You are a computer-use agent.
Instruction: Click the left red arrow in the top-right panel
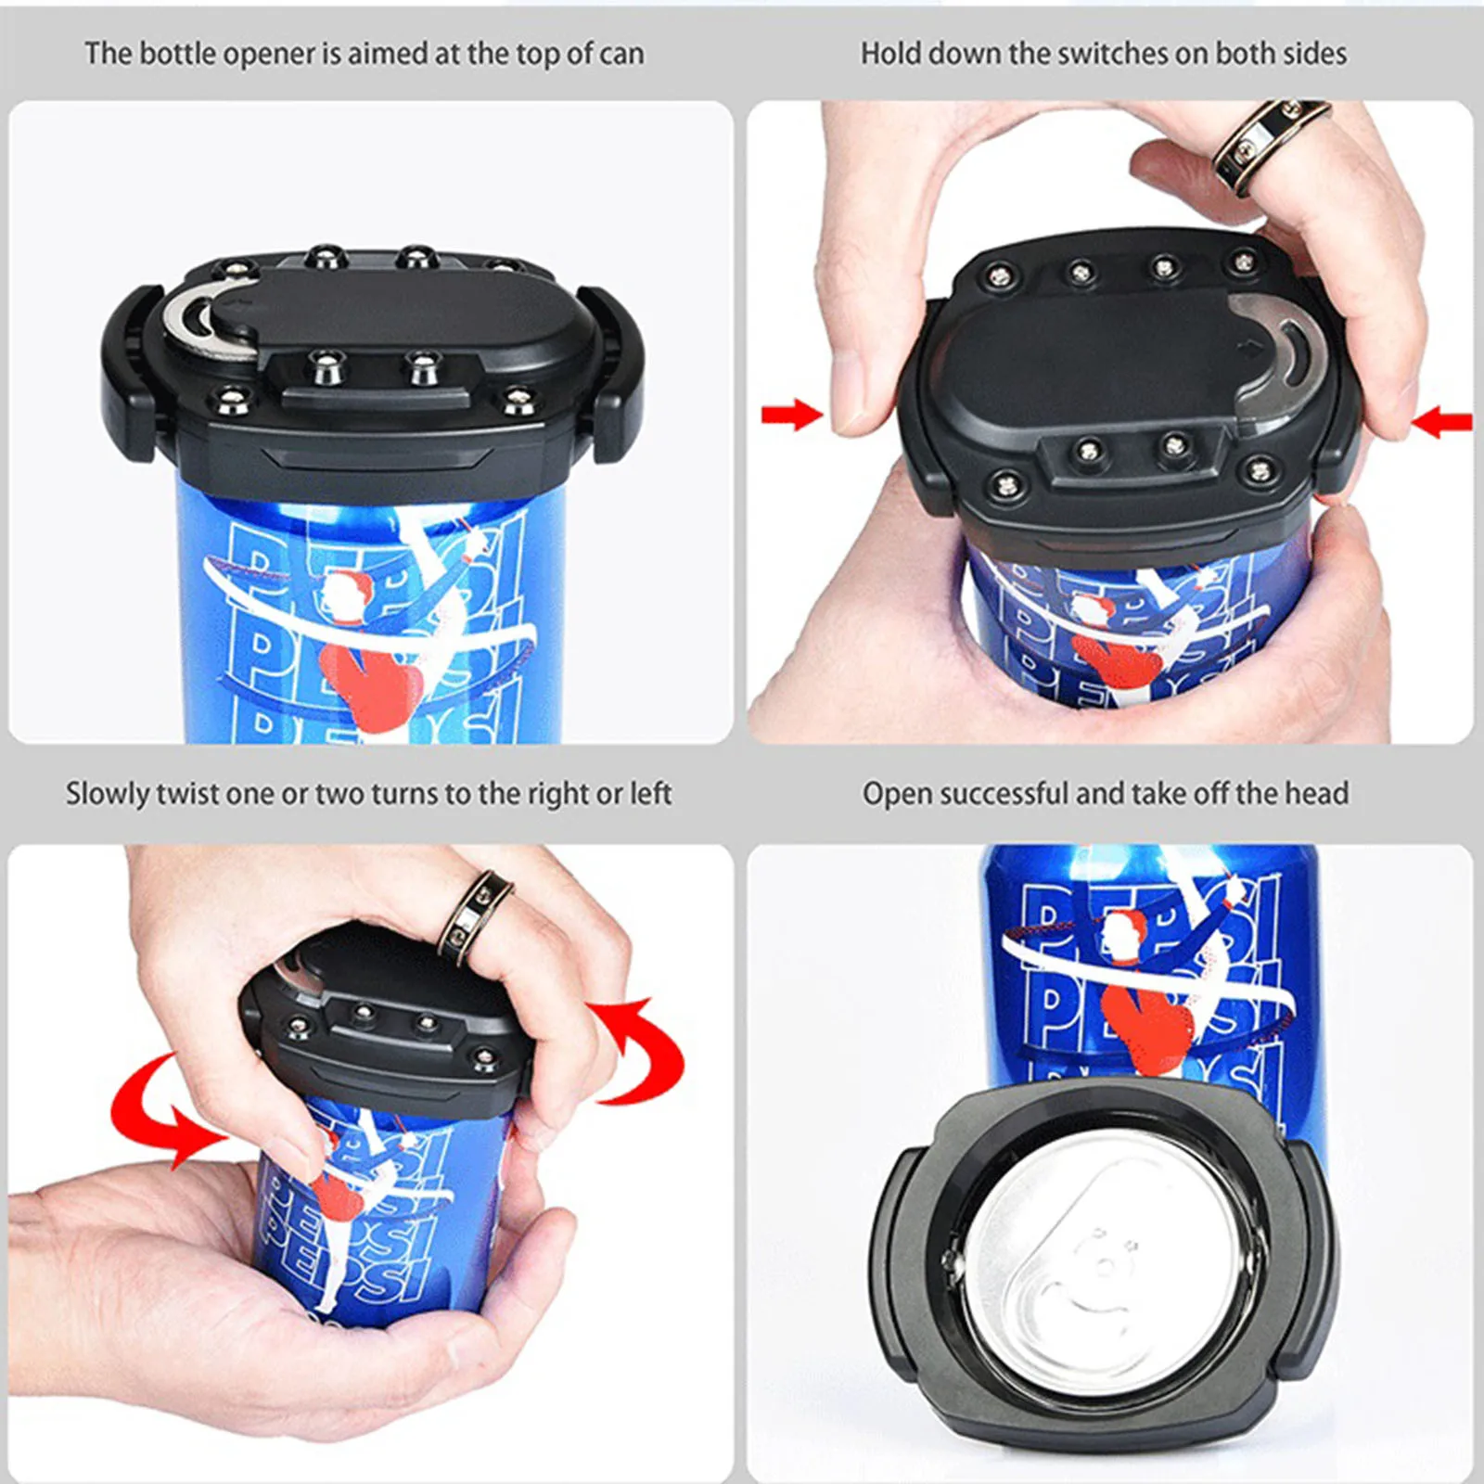[790, 415]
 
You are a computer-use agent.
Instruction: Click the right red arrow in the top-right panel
[1443, 423]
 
